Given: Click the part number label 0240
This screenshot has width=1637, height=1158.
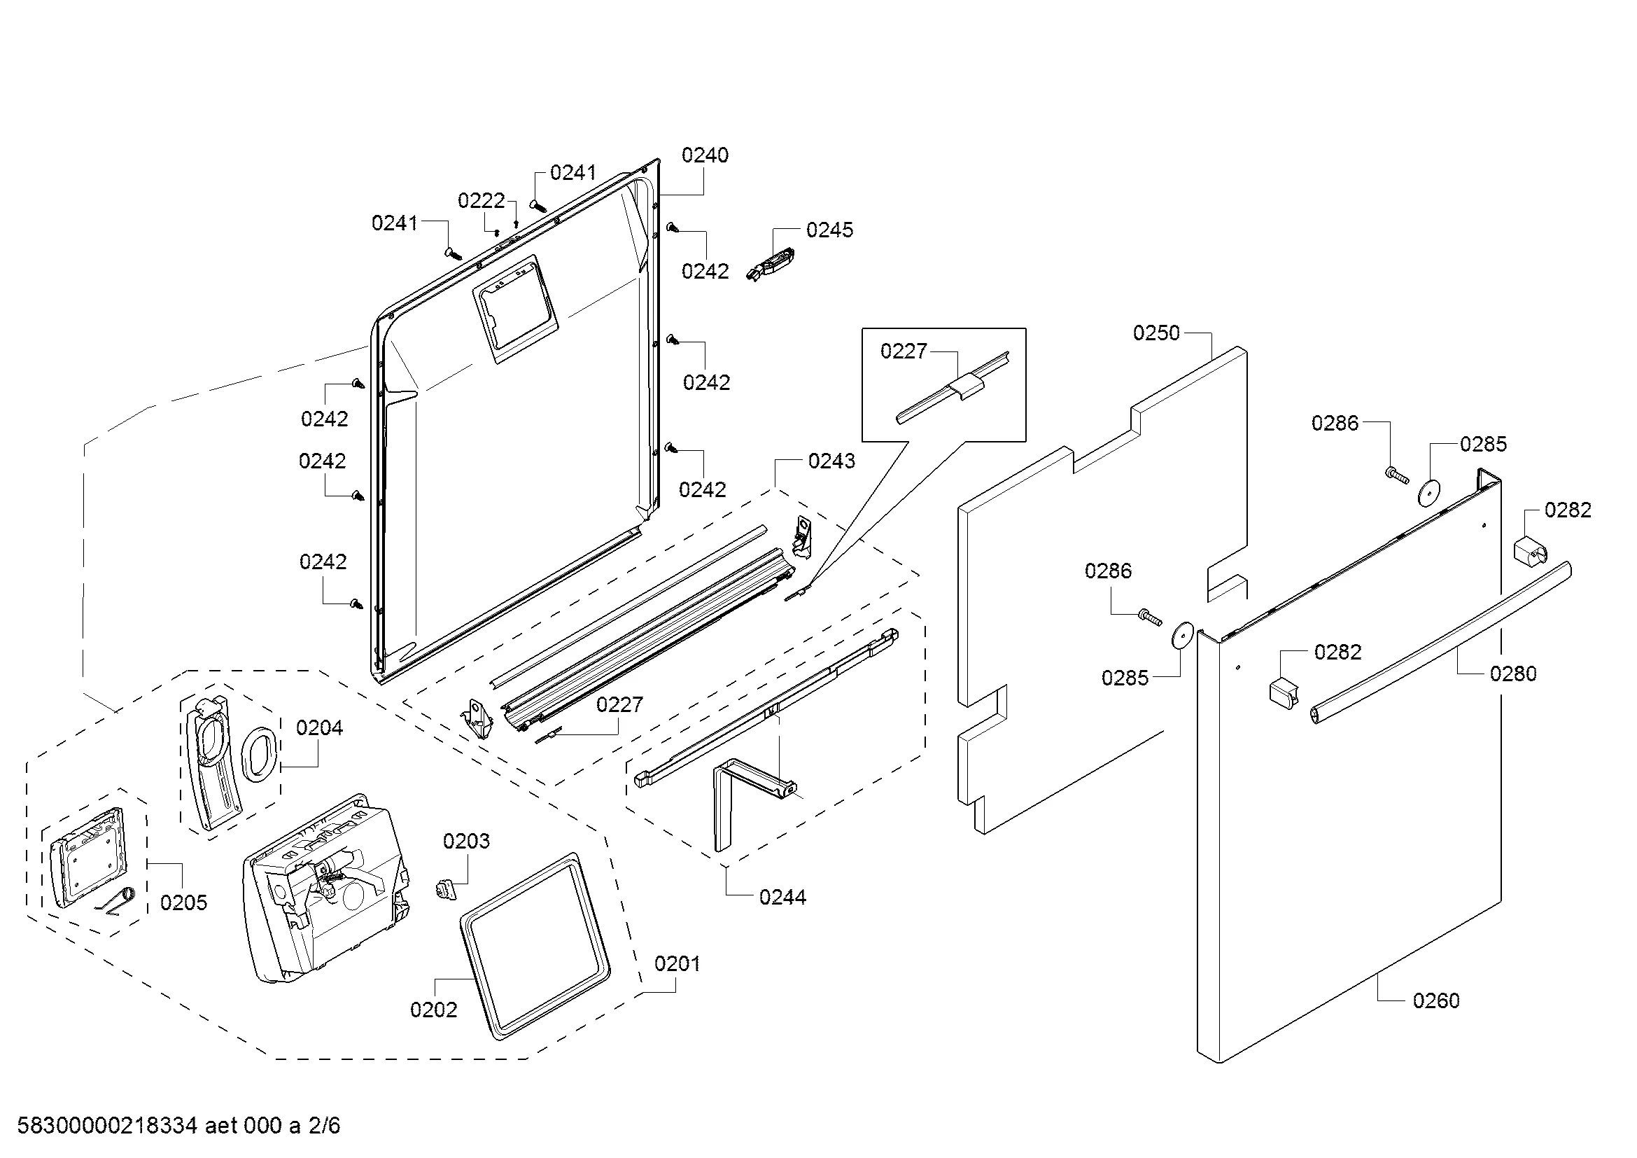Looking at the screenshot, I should tap(705, 155).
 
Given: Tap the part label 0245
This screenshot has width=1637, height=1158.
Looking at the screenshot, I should tap(829, 230).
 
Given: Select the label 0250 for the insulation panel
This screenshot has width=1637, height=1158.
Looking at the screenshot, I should tap(1155, 333).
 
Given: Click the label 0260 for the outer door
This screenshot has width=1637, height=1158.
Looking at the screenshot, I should tap(1436, 1000).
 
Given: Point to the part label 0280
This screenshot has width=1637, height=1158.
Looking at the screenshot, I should tap(1513, 673).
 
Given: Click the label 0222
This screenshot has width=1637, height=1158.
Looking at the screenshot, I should tap(482, 200).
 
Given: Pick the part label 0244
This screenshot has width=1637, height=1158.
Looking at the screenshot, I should tap(782, 897).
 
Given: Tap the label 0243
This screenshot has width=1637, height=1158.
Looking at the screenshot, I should tap(831, 461).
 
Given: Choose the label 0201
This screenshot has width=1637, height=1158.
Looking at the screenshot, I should tap(677, 964).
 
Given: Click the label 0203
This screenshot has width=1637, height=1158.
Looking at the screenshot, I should tap(466, 842).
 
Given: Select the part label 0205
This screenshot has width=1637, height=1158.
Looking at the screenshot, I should tap(183, 902).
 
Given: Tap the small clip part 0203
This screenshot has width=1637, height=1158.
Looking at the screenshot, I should tap(445, 888).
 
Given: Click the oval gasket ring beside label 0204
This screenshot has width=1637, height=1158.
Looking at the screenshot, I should tap(259, 751).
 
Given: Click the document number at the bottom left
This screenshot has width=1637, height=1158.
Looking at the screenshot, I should tap(178, 1126).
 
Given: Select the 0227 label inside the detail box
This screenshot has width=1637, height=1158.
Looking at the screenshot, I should tap(904, 351).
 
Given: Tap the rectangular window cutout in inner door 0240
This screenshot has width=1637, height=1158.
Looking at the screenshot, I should tap(513, 309).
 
